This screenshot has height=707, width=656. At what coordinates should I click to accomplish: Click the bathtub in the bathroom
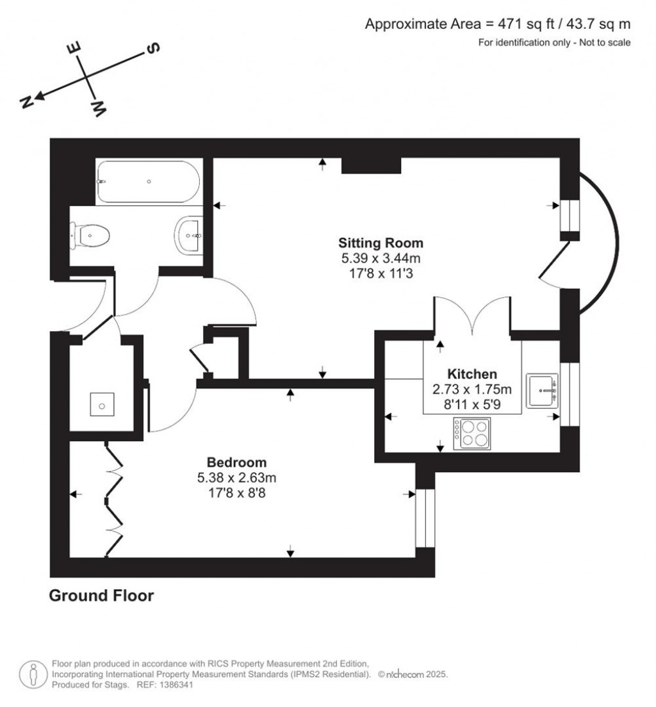coord(149,182)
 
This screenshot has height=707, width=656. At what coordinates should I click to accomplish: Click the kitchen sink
coord(542,391)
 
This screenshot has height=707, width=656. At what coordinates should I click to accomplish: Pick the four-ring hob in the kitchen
coord(472,433)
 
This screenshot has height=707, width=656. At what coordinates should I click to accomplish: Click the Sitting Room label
coord(381,243)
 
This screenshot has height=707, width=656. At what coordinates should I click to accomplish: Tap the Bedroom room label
coord(236,462)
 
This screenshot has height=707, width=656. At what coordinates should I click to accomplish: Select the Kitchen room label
coord(471,374)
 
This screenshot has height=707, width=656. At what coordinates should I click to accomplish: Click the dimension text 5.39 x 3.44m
coord(381,258)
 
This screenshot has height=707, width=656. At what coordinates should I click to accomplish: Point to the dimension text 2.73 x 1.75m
coord(471,389)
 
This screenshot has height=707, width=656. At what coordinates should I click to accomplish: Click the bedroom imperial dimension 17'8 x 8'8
coord(236,492)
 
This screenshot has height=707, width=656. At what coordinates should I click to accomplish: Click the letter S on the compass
coord(153,49)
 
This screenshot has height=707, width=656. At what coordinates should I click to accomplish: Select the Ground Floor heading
coord(102,596)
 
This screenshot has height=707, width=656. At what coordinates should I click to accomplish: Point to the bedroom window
coord(425,519)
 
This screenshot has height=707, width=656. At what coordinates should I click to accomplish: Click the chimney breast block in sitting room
coord(371,165)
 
